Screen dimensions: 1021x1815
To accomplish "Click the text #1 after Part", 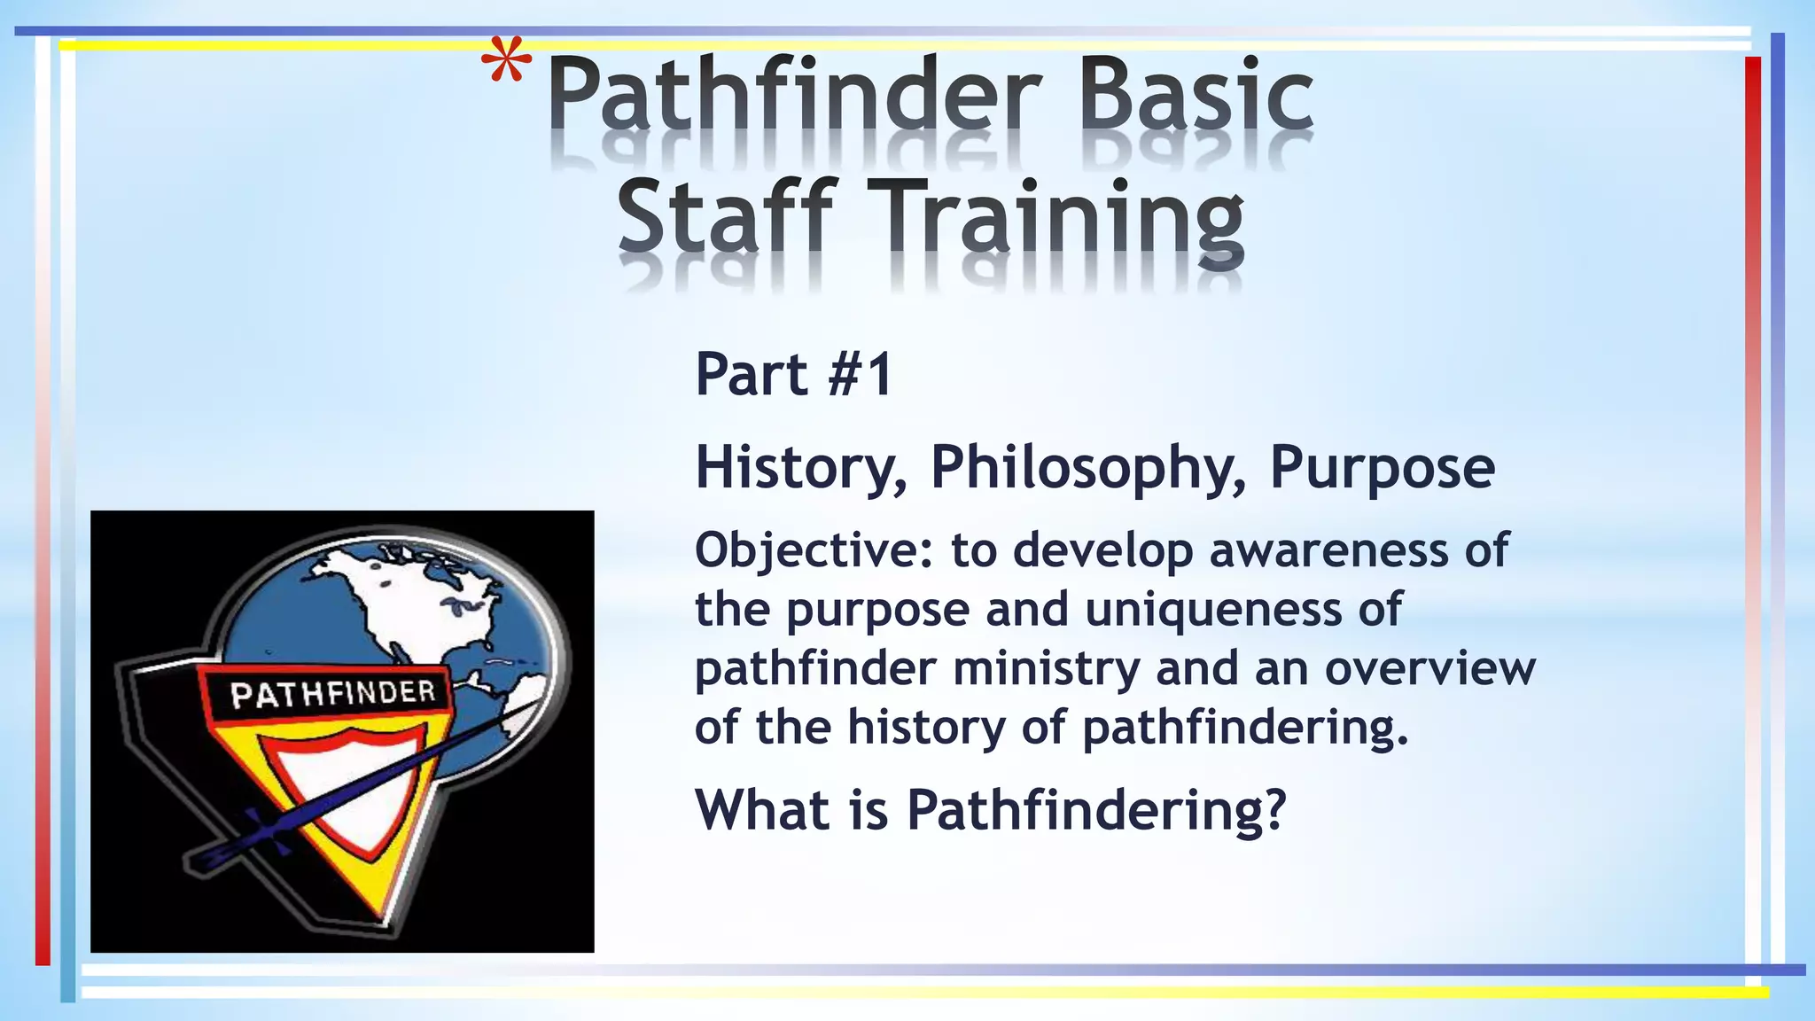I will [x=858, y=374].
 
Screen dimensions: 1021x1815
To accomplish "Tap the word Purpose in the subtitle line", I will [x=1382, y=468].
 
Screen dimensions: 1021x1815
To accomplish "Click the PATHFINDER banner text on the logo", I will [x=332, y=693].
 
